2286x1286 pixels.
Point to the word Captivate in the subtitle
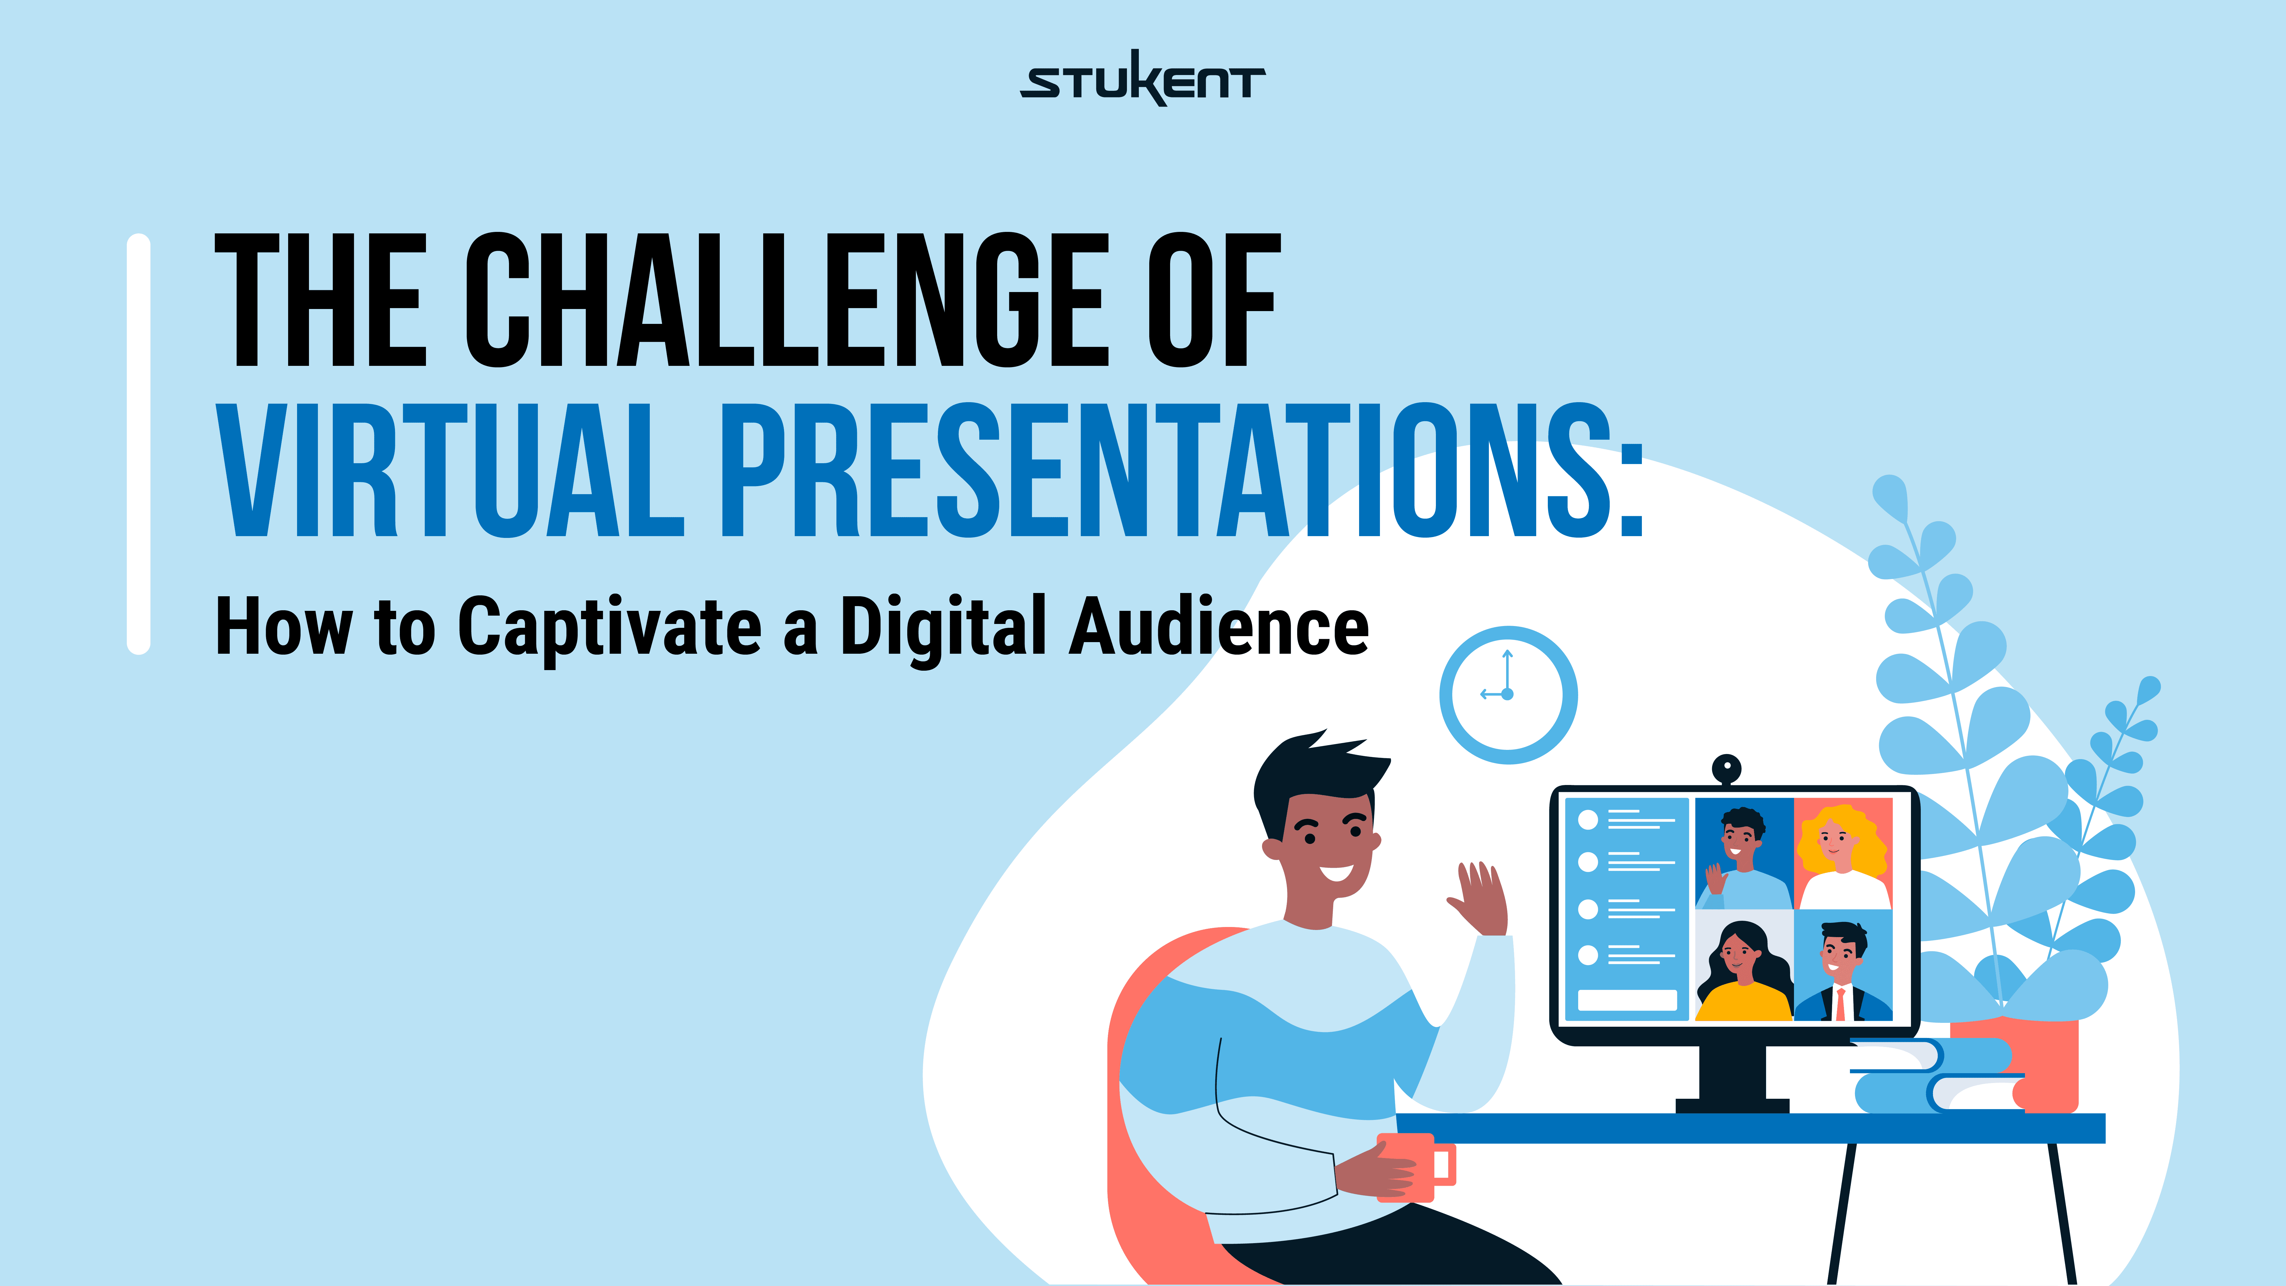click(x=610, y=628)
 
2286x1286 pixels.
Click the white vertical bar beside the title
click(x=138, y=444)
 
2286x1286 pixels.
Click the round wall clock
click(x=1508, y=695)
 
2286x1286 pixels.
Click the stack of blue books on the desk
click(x=1934, y=1076)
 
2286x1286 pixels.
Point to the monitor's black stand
click(x=1732, y=1078)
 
